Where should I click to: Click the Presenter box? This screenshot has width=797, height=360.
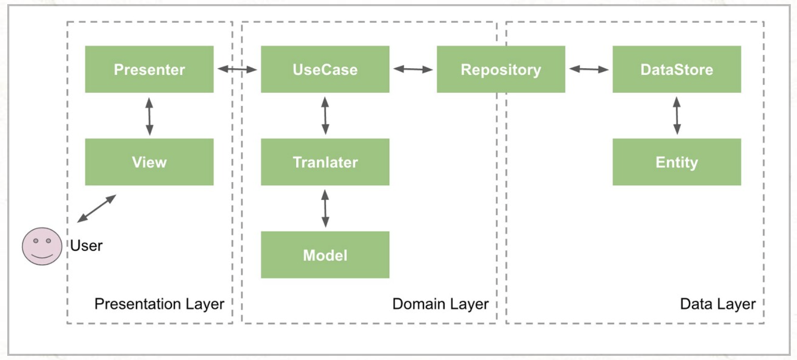click(x=150, y=69)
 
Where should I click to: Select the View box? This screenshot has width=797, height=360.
click(x=150, y=162)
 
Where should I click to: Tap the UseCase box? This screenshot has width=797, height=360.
click(x=325, y=69)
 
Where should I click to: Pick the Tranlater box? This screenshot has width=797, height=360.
click(x=325, y=162)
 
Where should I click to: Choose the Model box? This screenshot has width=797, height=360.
click(x=325, y=254)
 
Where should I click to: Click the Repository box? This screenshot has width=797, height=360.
click(x=501, y=69)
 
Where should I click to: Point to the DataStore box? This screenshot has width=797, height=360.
click(x=677, y=69)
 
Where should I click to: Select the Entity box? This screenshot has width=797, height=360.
click(x=677, y=162)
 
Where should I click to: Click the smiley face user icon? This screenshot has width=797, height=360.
click(x=42, y=246)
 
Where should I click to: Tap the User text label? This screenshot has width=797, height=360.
click(x=86, y=246)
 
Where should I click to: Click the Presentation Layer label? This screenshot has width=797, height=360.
click(x=159, y=304)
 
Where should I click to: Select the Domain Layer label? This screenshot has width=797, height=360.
click(x=440, y=304)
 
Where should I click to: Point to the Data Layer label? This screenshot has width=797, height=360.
click(x=718, y=304)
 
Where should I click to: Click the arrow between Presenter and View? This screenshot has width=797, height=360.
click(x=150, y=116)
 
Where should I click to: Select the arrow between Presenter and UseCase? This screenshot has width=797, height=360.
click(x=238, y=69)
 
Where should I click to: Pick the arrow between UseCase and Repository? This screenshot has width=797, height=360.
click(x=413, y=69)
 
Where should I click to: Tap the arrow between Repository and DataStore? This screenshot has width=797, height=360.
click(x=589, y=69)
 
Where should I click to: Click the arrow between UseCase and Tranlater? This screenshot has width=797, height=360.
click(x=325, y=116)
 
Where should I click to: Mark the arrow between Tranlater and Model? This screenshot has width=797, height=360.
click(x=325, y=208)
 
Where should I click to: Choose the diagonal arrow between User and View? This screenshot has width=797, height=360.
click(x=97, y=208)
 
